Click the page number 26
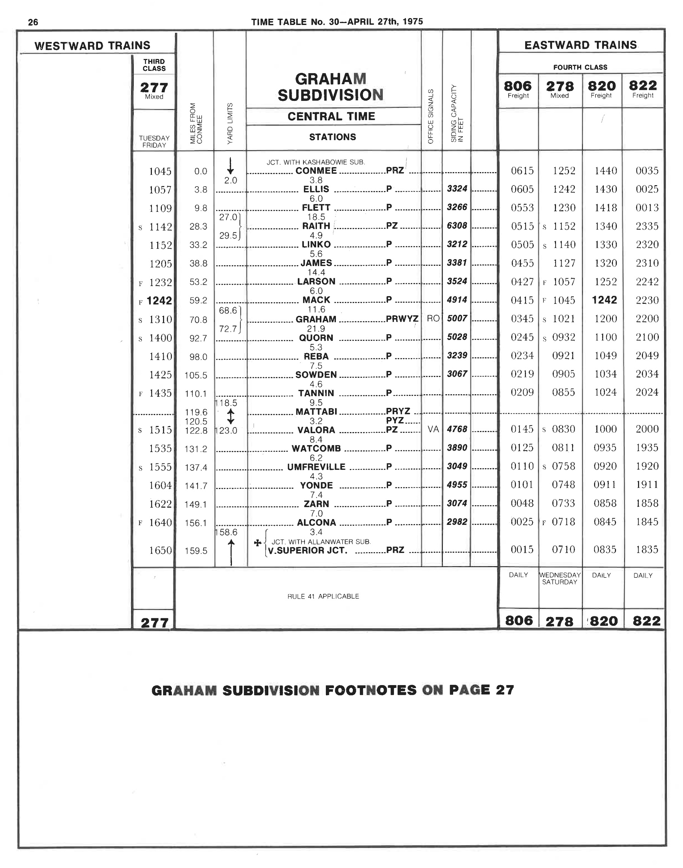(x=33, y=22)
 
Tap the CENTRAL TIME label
(x=331, y=117)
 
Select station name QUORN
(x=316, y=338)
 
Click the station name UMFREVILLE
(x=316, y=467)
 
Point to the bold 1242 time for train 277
(x=159, y=300)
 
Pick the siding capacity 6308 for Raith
(x=457, y=225)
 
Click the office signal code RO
(x=433, y=318)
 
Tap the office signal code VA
(x=433, y=429)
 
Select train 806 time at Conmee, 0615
(x=522, y=171)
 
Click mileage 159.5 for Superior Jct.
(x=196, y=551)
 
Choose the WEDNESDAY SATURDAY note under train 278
(x=560, y=578)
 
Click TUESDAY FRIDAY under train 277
(x=154, y=142)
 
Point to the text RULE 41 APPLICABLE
(x=323, y=596)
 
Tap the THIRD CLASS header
(x=154, y=65)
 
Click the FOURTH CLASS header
(x=580, y=67)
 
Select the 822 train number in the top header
(x=643, y=86)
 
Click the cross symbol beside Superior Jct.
(x=258, y=543)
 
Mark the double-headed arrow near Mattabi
(x=231, y=416)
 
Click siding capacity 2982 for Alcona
(x=457, y=521)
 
